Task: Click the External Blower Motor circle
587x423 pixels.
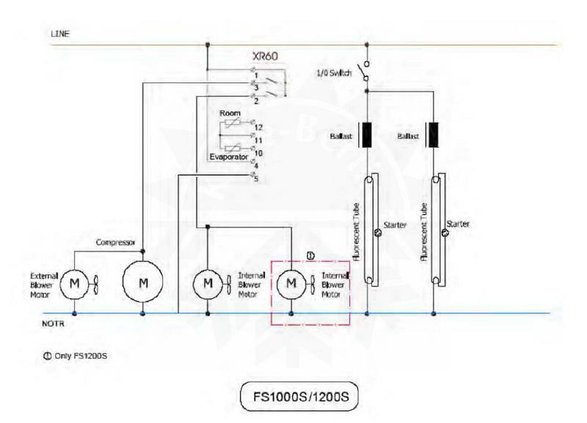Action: [73, 282]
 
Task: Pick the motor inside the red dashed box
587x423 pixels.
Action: [292, 282]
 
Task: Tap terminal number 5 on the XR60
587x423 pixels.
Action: [255, 178]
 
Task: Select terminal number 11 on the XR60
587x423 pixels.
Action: [258, 138]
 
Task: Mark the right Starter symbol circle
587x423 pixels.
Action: [444, 233]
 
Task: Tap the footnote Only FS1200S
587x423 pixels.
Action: [76, 355]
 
